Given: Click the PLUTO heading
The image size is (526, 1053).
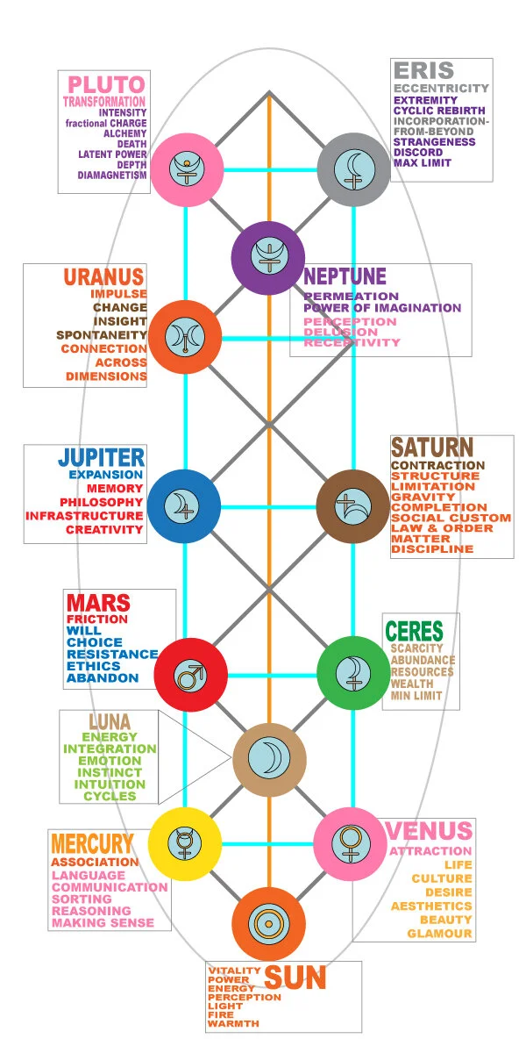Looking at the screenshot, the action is coord(106,86).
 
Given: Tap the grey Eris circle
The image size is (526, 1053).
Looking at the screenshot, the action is coord(352,168).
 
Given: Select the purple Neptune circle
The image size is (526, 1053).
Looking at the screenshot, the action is coord(267,257).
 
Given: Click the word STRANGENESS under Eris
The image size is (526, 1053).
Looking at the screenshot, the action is coord(435,141).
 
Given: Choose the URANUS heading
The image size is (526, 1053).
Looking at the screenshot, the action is coord(103,276).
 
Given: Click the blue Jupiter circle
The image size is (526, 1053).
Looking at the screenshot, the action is coord(184,505).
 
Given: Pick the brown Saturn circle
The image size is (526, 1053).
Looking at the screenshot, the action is coord(352,505).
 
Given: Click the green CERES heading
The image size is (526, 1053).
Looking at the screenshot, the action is coord(414,632).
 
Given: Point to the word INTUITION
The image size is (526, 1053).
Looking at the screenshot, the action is coord(110,784).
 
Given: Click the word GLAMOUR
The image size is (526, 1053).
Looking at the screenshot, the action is coord(439,933).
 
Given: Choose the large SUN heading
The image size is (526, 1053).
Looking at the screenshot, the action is coord(295,978).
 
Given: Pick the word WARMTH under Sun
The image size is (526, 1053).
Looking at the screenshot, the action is coord(233,1023).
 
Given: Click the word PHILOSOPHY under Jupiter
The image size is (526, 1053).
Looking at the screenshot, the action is coord(102,502).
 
